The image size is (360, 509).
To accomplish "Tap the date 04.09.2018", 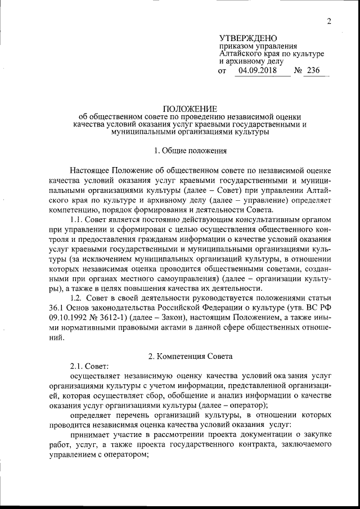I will point(256,71).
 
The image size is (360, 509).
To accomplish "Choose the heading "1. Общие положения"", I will point(190,150).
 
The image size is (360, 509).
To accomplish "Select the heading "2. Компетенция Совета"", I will point(190,357).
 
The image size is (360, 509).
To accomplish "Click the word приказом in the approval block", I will point(236,46).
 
